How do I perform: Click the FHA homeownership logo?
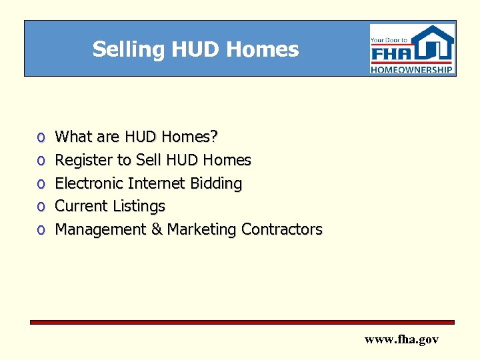[412, 49]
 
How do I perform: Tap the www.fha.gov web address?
[401, 339]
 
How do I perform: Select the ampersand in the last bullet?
[157, 229]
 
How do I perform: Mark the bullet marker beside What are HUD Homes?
[41, 137]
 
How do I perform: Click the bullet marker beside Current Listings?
[41, 207]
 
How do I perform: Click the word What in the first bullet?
[73, 137]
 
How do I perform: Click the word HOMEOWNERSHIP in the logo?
[412, 69]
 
